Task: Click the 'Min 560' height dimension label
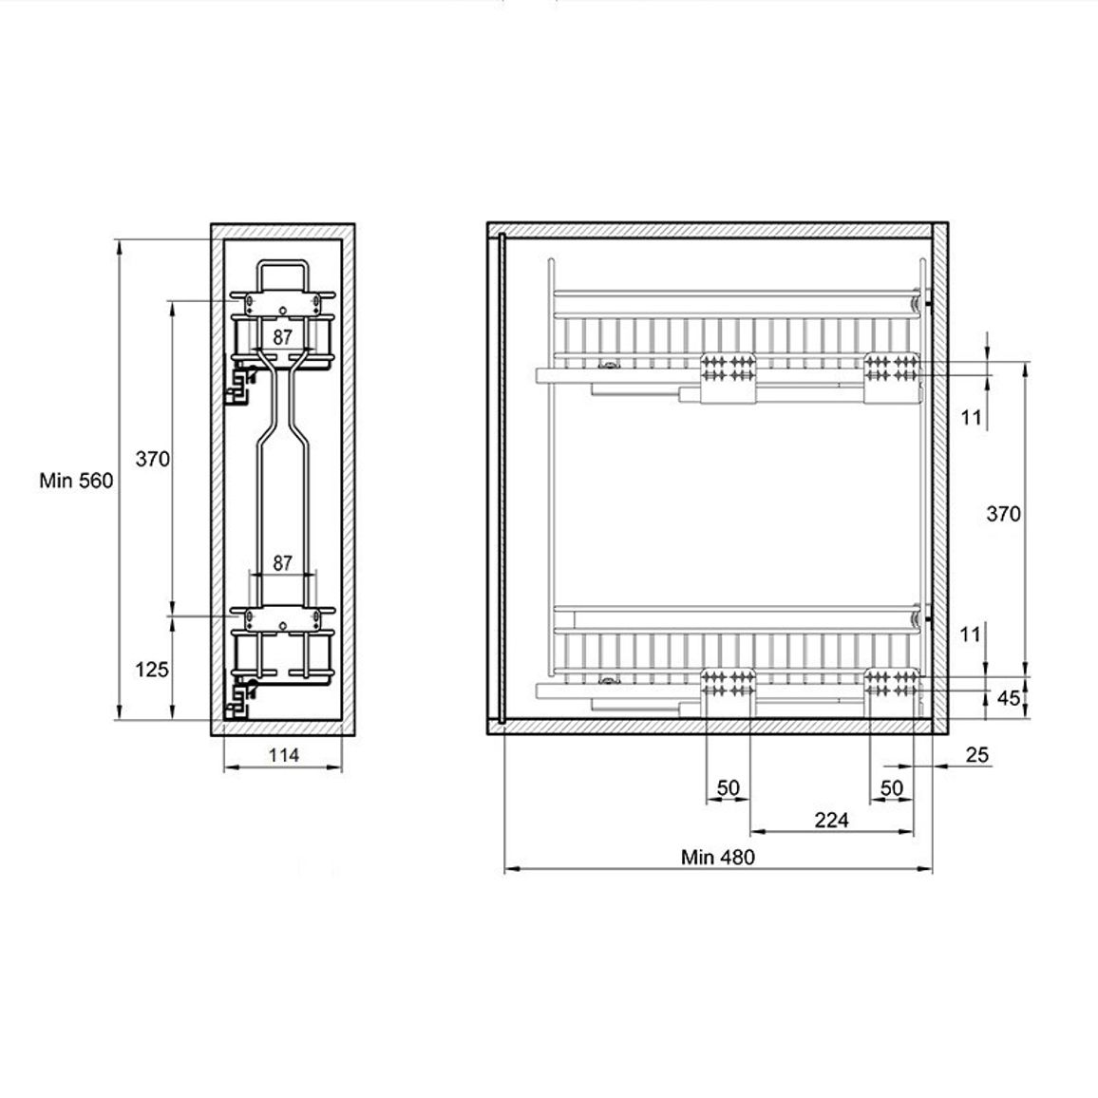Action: coord(76,481)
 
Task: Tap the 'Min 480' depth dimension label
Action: coord(718,857)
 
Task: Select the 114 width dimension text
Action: coord(284,755)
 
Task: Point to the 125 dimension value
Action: coord(152,670)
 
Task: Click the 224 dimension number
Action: coord(831,820)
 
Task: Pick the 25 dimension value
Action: coord(976,754)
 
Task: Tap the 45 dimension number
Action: coord(1009,698)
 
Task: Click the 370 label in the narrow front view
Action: coord(153,459)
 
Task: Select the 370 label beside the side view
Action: coord(1003,514)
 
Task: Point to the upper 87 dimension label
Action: coord(282,337)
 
